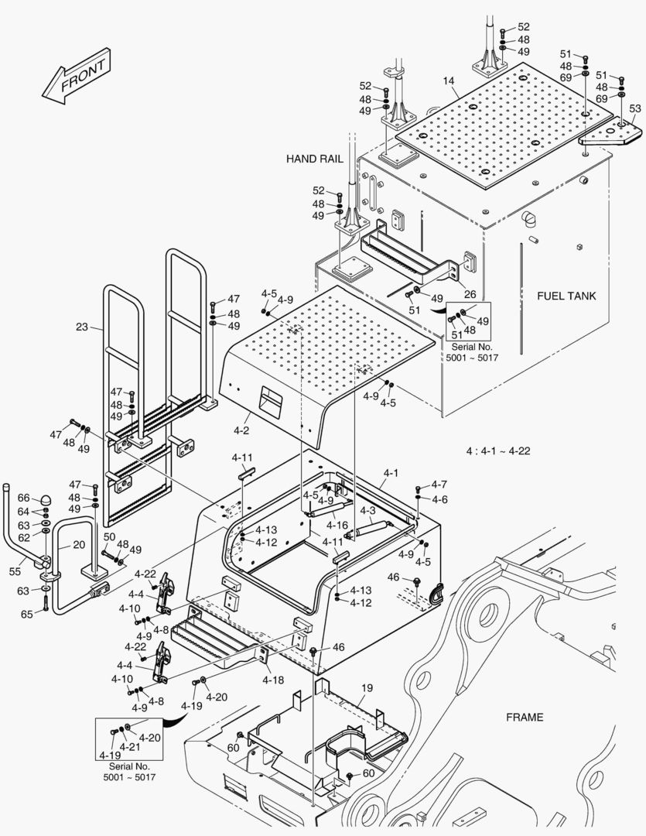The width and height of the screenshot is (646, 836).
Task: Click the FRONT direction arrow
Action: [75, 79]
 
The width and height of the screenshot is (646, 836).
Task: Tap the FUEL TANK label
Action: [568, 296]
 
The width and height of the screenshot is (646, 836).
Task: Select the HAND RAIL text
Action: [314, 159]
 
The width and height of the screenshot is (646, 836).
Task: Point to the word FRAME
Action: [525, 717]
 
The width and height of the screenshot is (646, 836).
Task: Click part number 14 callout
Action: [449, 81]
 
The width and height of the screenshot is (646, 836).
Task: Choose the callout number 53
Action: [634, 108]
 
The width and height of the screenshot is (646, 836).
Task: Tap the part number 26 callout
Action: [470, 293]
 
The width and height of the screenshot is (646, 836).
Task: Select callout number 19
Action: [367, 687]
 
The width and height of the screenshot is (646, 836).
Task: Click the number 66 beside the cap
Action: [23, 499]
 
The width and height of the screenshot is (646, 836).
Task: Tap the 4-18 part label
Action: [272, 680]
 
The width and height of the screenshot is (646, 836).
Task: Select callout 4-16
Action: [337, 525]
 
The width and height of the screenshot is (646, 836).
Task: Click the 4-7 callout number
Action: [439, 485]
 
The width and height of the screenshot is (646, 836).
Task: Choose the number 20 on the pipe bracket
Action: [79, 544]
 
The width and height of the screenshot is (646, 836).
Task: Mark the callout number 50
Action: [109, 537]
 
